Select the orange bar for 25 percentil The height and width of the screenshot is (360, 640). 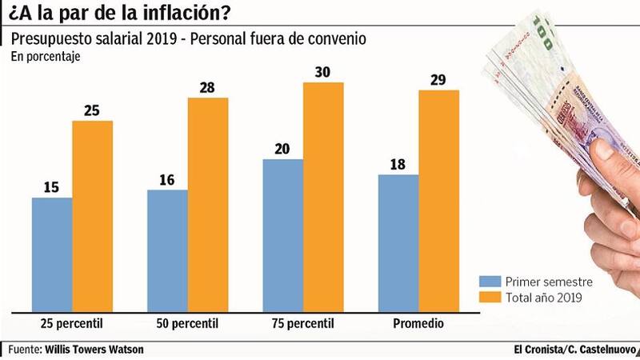(93, 214)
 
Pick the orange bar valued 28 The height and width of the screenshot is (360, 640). (208, 203)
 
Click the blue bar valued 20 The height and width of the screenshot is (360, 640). (282, 234)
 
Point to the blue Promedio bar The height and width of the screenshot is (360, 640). (398, 241)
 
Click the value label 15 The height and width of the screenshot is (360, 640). (52, 187)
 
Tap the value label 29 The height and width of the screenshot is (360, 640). (438, 80)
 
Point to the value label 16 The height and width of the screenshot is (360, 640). (167, 180)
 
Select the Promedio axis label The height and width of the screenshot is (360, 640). (418, 324)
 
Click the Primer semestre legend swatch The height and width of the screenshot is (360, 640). (490, 282)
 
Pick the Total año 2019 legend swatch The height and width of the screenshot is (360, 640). (490, 298)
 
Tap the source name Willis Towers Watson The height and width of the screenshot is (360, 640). (94, 350)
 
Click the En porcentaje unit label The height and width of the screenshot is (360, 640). (46, 57)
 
